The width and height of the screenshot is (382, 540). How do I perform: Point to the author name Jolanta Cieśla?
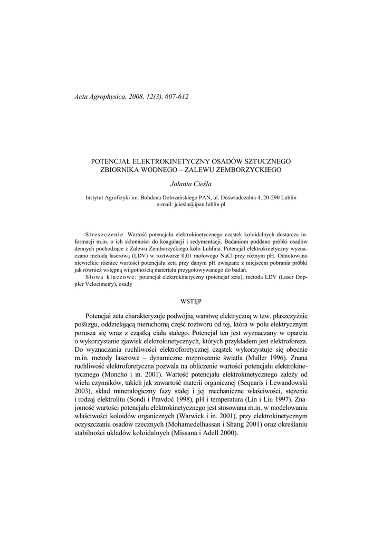(190, 185)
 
